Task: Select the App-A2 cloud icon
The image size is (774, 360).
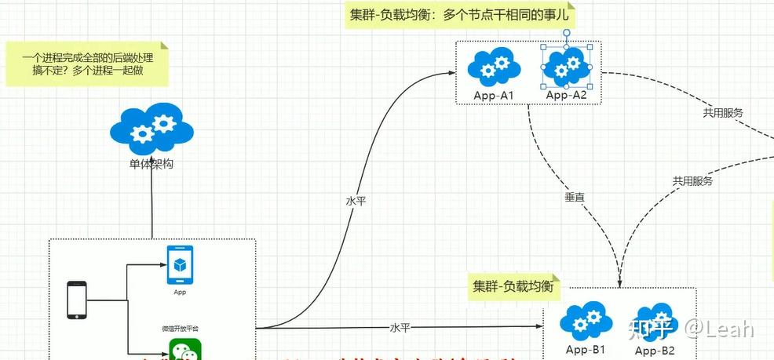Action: pos(566,67)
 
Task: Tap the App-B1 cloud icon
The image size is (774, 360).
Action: pos(586,321)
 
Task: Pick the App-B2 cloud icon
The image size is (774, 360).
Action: pos(654,322)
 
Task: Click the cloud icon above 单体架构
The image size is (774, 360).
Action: pos(152,130)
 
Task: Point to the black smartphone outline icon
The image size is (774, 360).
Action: pos(76,300)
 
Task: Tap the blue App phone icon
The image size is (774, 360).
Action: pos(180,265)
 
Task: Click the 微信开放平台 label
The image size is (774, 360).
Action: pos(180,327)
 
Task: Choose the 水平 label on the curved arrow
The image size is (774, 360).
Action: pos(356,201)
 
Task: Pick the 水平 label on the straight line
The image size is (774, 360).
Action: pos(400,327)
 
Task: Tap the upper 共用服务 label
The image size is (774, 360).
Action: pos(723,112)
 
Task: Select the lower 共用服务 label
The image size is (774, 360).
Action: pos(692,181)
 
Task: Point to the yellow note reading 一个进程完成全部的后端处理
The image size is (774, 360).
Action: pos(87,64)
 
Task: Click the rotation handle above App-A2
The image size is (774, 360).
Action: pos(566,34)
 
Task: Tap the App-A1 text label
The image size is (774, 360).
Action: pos(493,96)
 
